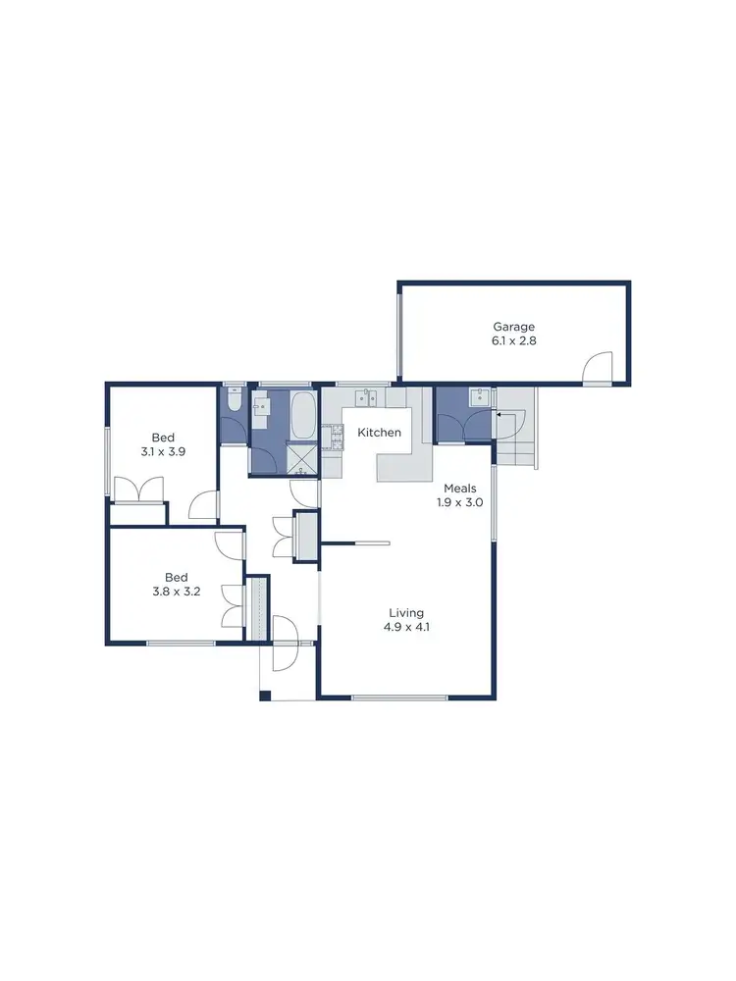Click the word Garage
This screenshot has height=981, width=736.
coord(514,327)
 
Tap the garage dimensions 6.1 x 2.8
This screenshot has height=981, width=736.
coord(514,341)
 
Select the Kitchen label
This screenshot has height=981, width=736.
coord(379,433)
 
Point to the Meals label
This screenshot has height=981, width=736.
coord(460,488)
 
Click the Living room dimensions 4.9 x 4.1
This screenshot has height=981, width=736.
coord(404,628)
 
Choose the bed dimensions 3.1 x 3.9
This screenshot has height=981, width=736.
coord(162,453)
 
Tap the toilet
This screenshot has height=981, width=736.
coord(234,402)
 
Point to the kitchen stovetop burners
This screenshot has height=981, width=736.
coord(336,439)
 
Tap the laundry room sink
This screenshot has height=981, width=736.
coord(479,396)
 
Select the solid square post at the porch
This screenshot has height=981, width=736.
coord(264,696)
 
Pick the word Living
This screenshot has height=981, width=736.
coord(404,613)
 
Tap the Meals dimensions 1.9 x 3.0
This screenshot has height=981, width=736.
coord(460,502)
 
